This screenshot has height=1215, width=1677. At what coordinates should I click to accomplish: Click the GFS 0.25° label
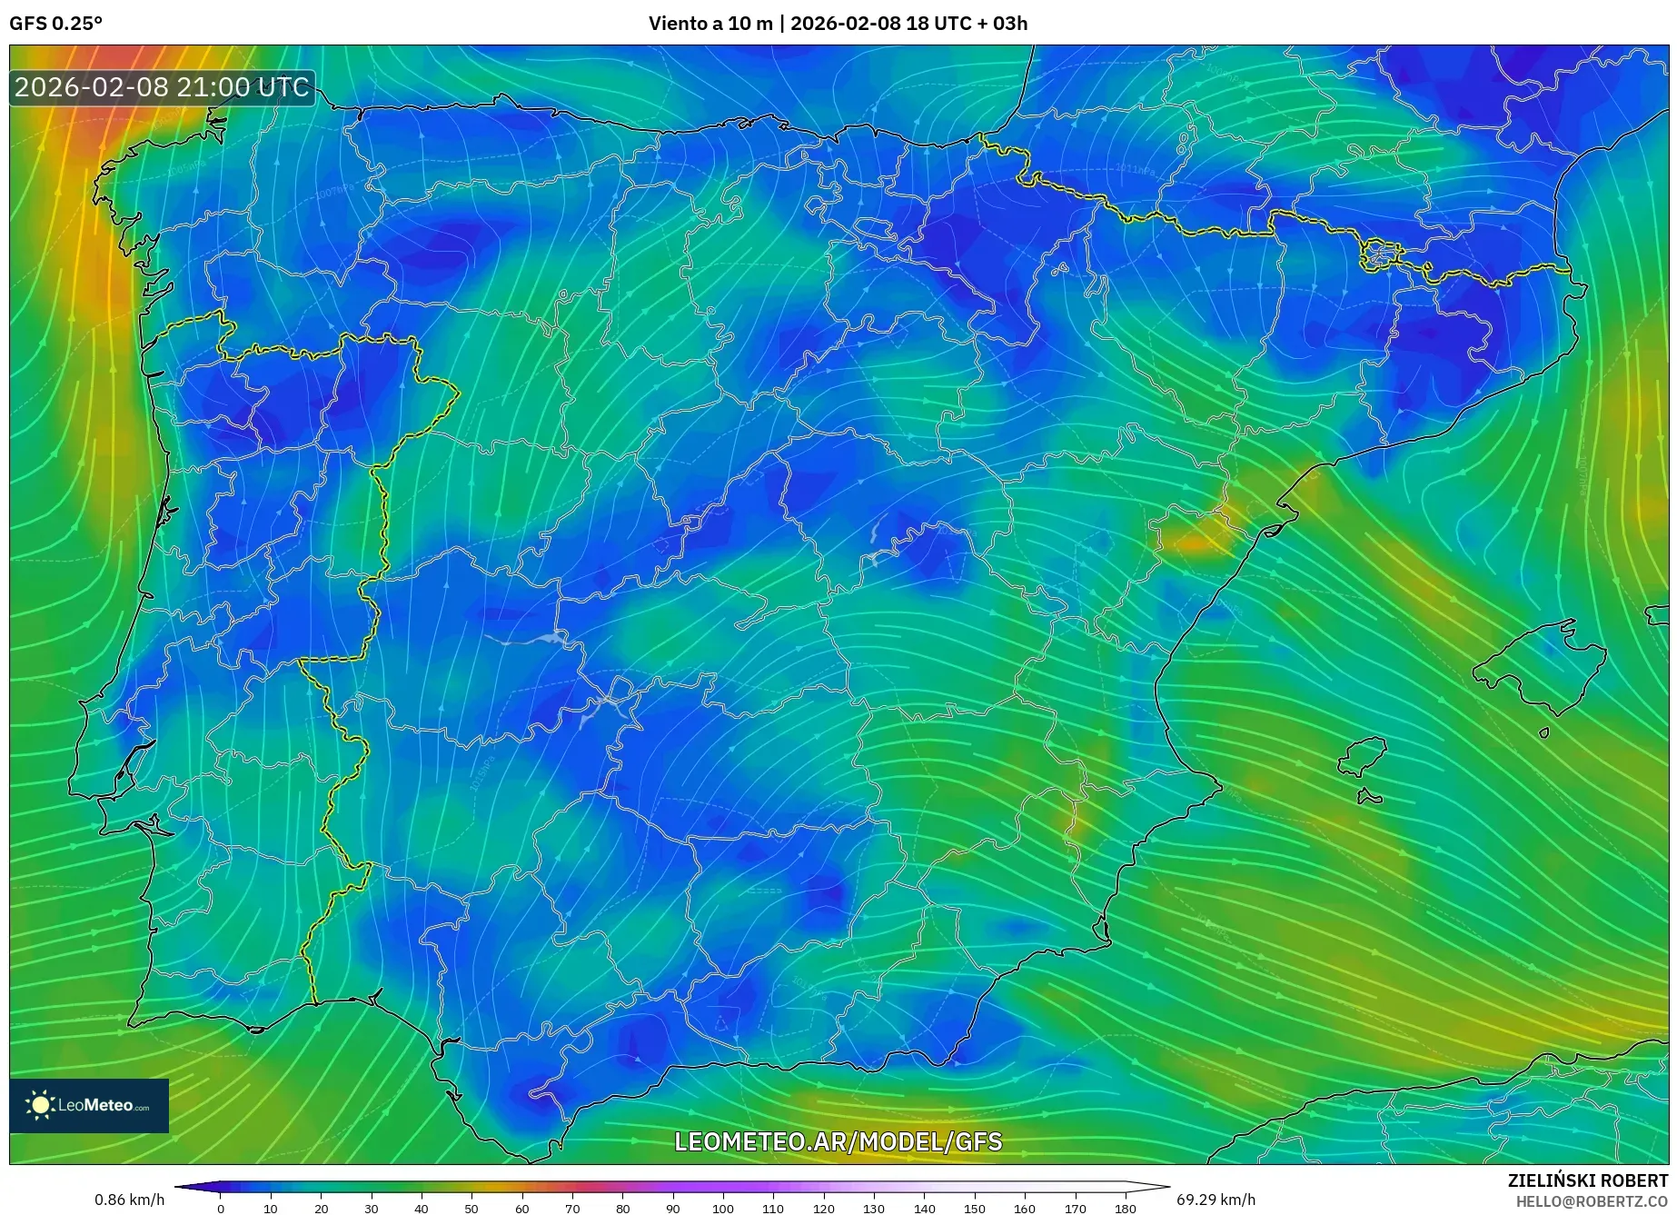55,24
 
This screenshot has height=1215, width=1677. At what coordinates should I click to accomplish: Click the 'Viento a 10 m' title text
709,24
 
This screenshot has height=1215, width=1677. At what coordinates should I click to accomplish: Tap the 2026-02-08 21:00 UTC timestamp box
163,88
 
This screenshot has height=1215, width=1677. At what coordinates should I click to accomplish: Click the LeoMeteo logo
89,1106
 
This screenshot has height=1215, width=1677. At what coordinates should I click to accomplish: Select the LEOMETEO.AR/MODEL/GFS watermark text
838,1142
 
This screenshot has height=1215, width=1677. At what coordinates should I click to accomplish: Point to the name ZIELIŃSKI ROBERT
1587,1181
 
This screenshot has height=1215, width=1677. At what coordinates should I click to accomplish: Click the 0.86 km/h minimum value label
129,1200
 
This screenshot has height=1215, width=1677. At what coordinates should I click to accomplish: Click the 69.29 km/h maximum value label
1216,1200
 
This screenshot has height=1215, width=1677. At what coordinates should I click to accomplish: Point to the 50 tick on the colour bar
471,1209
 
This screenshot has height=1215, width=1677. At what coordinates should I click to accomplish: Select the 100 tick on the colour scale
722,1209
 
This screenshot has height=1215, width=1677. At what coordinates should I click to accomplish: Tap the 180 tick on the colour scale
1125,1209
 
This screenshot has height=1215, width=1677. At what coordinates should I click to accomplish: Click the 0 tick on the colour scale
220,1209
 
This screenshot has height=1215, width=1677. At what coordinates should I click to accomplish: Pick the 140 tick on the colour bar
924,1209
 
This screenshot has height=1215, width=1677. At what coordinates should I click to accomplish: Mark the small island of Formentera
1369,798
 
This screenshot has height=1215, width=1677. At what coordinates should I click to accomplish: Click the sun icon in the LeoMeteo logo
40,1105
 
